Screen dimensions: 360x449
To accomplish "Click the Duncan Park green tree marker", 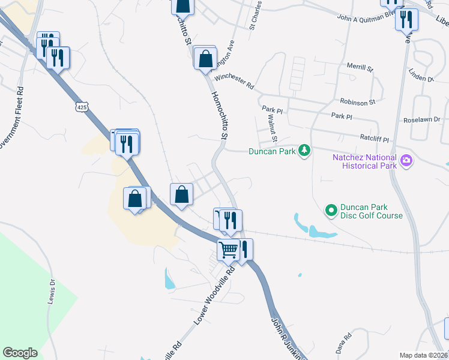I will [305, 151].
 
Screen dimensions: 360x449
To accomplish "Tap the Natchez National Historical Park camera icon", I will [406, 160].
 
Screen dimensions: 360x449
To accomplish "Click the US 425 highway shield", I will [82, 107].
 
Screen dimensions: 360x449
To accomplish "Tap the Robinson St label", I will [357, 102].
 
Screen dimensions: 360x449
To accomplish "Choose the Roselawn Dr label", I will [423, 119].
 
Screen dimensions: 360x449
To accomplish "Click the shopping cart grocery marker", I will [228, 250].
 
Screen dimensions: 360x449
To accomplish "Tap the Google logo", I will [20, 352].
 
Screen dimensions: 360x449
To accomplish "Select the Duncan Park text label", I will [272, 151].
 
